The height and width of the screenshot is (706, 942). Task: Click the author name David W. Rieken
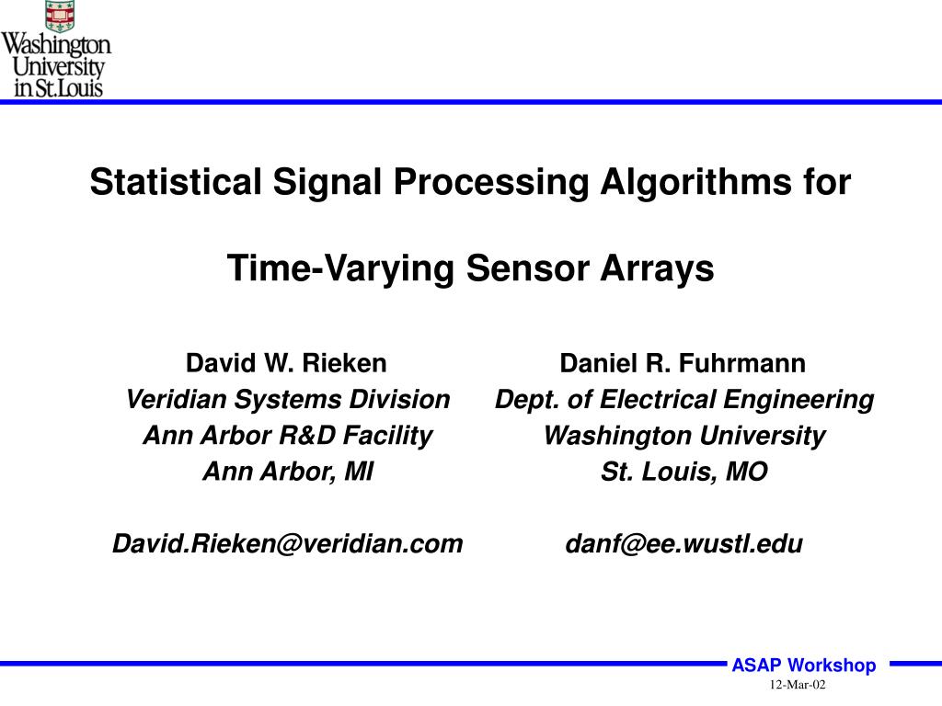click(286, 363)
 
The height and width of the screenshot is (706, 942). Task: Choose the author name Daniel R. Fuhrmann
click(683, 363)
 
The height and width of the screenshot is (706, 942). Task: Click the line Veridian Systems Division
click(287, 399)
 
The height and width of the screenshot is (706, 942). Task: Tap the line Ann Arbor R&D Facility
click(287, 435)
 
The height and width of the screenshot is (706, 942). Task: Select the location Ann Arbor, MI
click(287, 472)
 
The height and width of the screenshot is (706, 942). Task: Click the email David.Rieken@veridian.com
click(287, 543)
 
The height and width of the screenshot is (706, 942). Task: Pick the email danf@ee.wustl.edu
click(684, 543)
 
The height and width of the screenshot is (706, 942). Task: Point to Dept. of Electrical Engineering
click(684, 399)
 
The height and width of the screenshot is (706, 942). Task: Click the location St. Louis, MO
click(684, 472)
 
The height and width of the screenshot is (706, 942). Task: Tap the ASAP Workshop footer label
click(803, 666)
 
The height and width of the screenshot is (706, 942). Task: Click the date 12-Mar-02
click(798, 686)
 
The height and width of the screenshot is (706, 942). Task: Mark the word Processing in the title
click(491, 182)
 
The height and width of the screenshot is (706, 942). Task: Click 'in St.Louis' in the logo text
click(58, 88)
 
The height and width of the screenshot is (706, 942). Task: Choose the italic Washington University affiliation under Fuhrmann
click(684, 435)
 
